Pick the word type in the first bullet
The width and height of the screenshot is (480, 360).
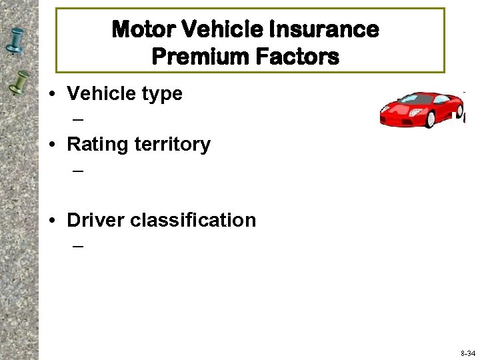pyautogui.click(x=159, y=94)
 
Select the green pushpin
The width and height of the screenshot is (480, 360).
pyautogui.click(x=18, y=83)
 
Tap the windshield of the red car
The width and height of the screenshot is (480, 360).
pyautogui.click(x=417, y=99)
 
